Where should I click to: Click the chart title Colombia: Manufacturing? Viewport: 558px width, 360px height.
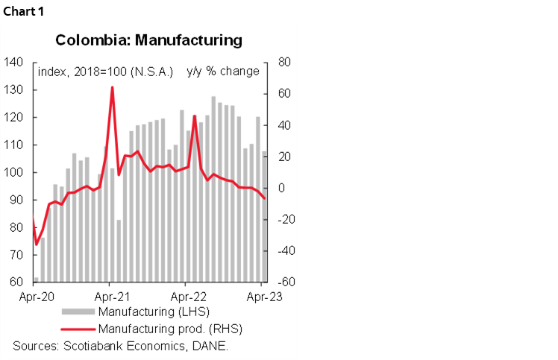pyautogui.click(x=149, y=40)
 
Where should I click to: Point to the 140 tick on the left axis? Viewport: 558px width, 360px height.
pyautogui.click(x=14, y=62)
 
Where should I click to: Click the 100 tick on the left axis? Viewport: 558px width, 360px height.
pyautogui.click(x=14, y=172)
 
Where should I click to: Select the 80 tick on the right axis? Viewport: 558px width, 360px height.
pyautogui.click(x=283, y=62)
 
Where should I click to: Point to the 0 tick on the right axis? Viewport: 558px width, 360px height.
pyautogui.click(x=280, y=188)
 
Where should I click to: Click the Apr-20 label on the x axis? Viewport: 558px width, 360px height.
pyautogui.click(x=34, y=296)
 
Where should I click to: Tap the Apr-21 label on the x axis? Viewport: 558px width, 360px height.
pyautogui.click(x=110, y=296)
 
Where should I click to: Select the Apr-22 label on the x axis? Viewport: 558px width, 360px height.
pyautogui.click(x=186, y=296)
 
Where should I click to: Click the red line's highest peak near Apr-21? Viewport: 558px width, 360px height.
pyautogui.click(x=112, y=87)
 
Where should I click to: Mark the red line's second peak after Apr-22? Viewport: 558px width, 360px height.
pyautogui.click(x=195, y=116)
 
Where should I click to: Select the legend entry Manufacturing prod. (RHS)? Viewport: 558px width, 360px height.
pyautogui.click(x=170, y=328)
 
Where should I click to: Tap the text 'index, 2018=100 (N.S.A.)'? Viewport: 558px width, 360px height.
pyautogui.click(x=105, y=72)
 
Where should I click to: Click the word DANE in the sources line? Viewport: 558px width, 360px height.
pyautogui.click(x=211, y=346)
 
